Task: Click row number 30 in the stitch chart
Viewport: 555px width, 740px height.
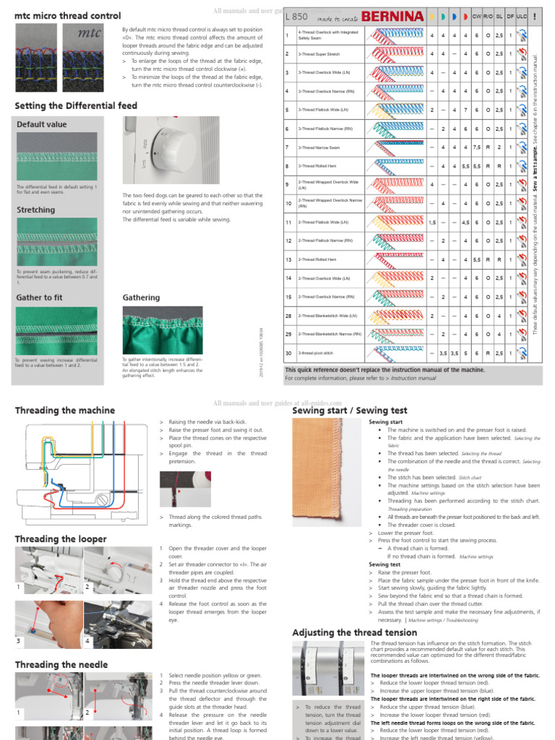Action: coord(288,353)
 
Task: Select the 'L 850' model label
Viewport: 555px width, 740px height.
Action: coord(296,15)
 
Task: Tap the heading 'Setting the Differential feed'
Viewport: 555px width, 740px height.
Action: coord(76,106)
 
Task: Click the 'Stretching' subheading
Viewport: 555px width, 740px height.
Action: coord(35,210)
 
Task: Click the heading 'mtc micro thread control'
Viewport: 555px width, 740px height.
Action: coord(68,15)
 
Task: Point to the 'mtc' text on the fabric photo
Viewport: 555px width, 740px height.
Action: coord(88,33)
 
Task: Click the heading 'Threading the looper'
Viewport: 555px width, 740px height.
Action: coord(61,539)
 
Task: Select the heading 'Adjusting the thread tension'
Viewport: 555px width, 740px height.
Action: coord(354,633)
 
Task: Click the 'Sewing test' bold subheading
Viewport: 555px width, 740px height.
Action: coord(385,564)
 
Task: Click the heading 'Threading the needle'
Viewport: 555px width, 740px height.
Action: coord(61,665)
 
